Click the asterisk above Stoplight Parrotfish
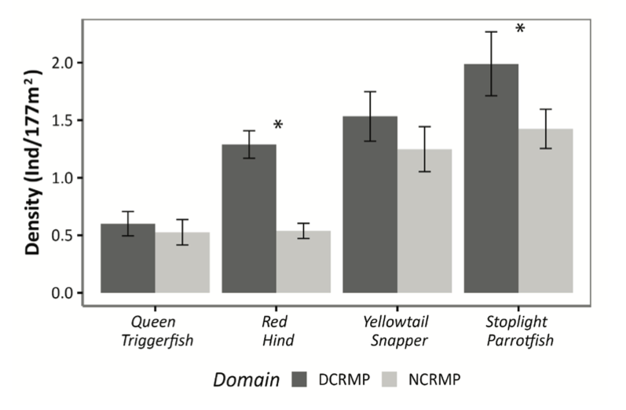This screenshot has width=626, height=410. pos(520,30)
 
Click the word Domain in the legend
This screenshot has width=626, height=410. pos(249,381)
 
